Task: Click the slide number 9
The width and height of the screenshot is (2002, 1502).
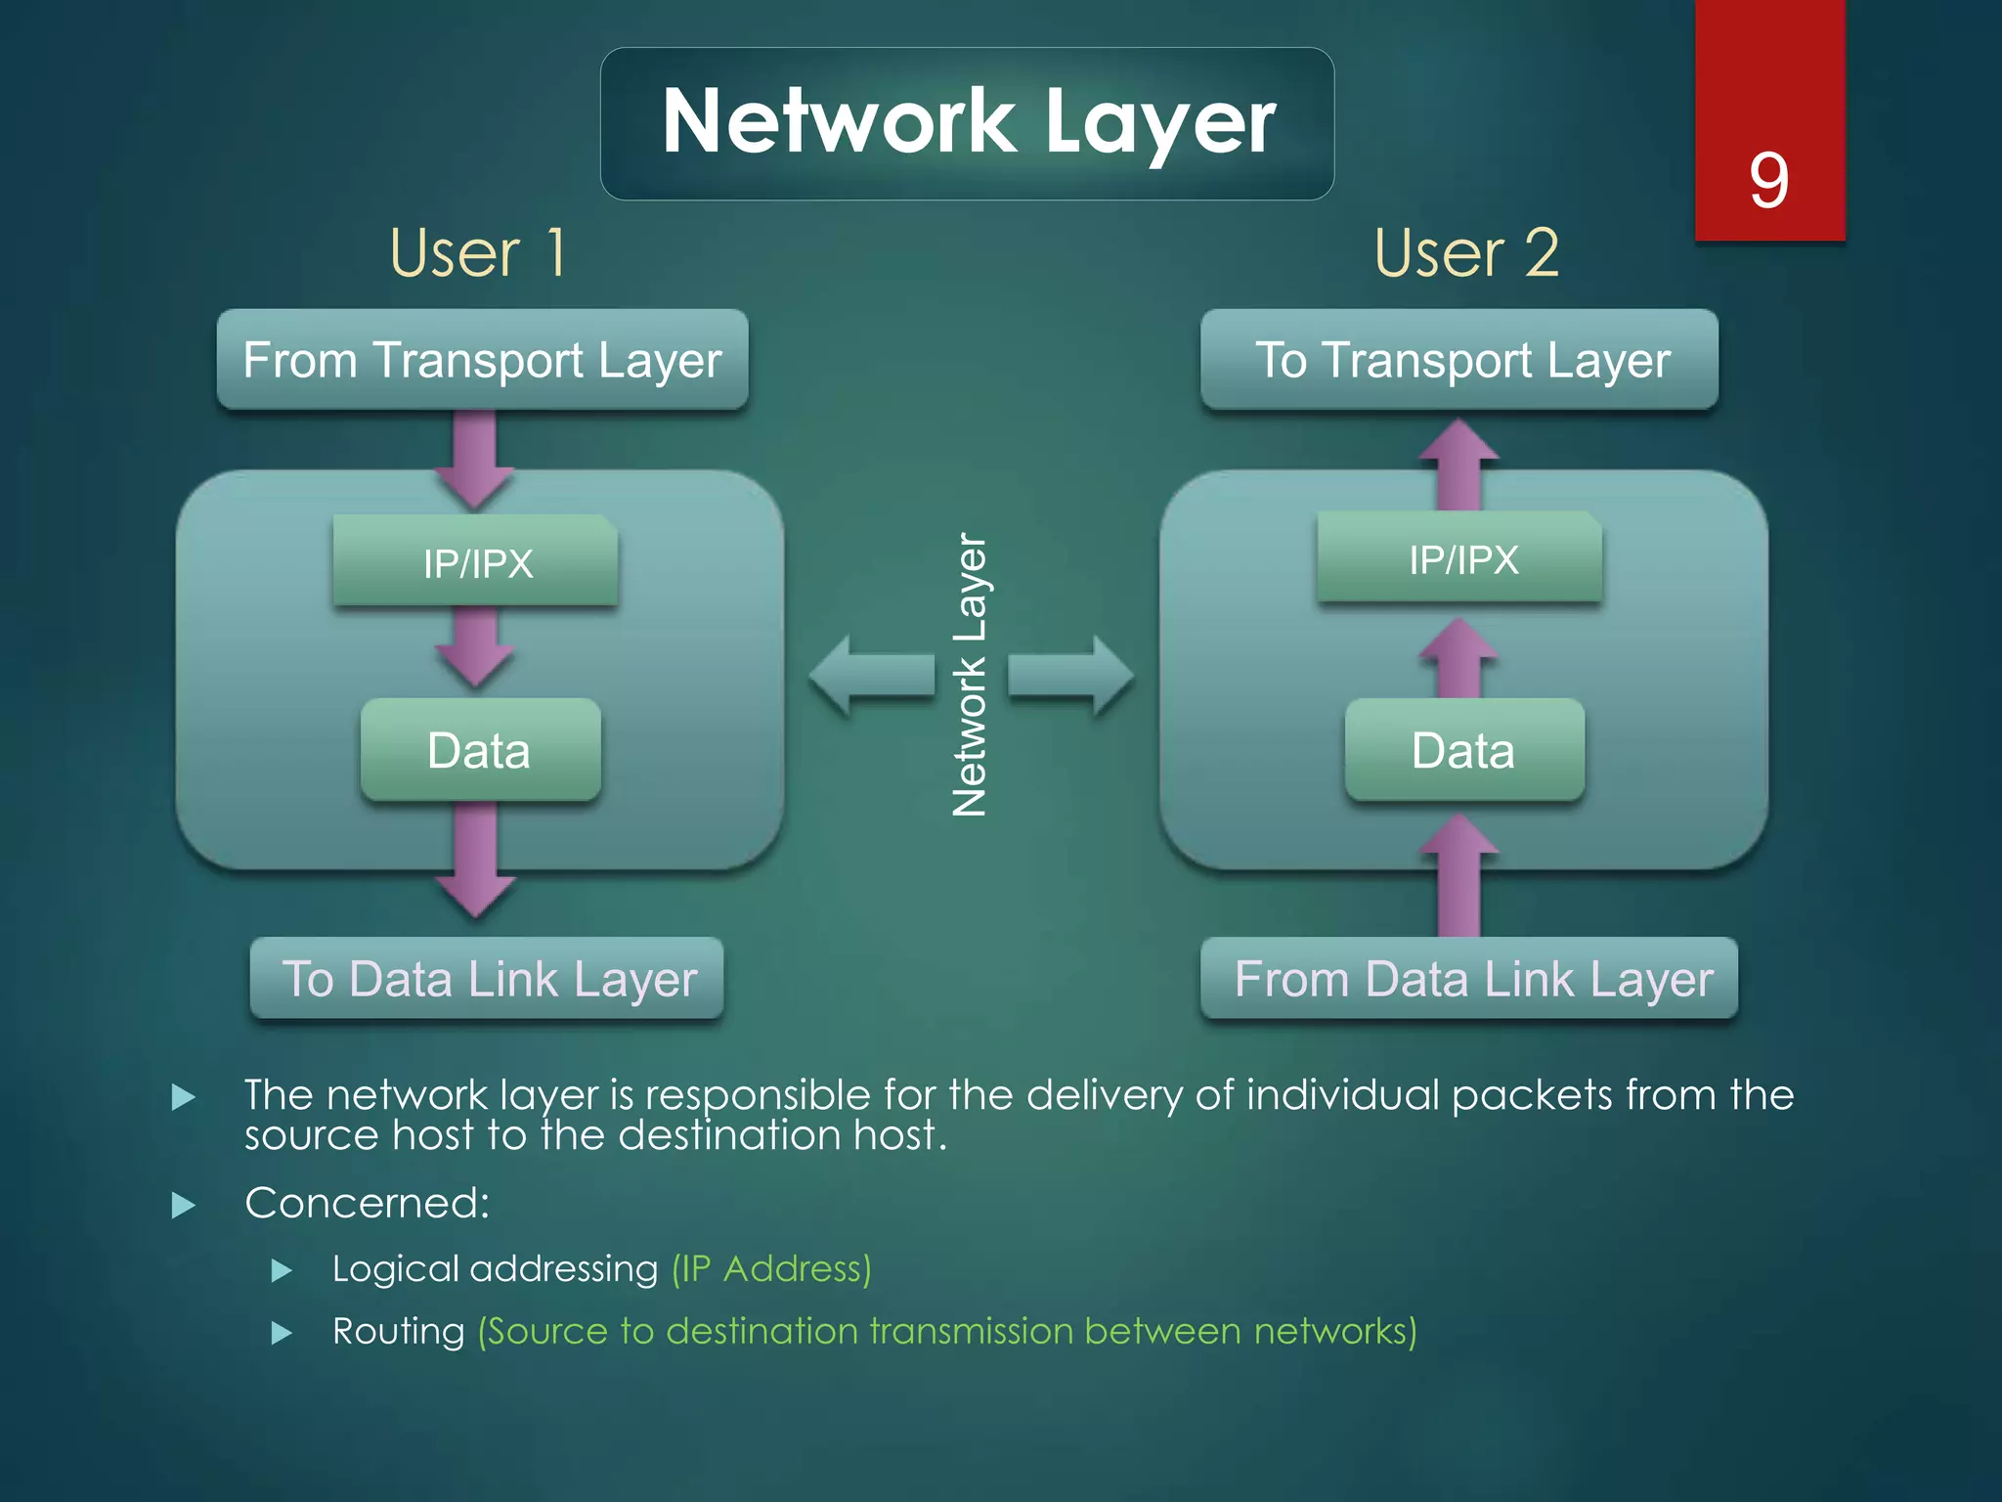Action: [x=1768, y=181]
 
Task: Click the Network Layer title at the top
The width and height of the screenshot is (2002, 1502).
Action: [x=968, y=122]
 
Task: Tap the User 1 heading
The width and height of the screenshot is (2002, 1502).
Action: [x=478, y=253]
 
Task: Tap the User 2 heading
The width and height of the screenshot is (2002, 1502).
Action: [x=1466, y=253]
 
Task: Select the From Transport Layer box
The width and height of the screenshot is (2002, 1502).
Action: [x=482, y=360]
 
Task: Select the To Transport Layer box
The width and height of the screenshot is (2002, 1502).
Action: [x=1459, y=360]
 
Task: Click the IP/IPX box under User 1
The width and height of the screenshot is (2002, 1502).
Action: [x=476, y=561]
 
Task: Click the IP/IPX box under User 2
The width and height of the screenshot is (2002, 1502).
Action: [x=1460, y=558]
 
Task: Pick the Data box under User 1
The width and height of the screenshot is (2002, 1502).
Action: [x=480, y=750]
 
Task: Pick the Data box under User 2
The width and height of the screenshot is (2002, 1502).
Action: [x=1464, y=750]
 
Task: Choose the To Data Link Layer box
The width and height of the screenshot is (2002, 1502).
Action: [x=487, y=979]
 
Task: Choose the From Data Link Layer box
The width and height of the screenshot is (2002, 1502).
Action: [x=1470, y=979]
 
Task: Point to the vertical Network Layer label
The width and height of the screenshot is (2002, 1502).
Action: [x=970, y=675]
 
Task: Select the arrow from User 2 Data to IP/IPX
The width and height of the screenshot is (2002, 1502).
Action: [x=1458, y=657]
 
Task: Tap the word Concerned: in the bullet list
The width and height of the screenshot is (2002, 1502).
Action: [x=367, y=1203]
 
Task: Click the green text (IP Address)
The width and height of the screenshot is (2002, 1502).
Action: [x=771, y=1268]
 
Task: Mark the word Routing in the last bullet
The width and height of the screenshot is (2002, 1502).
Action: [x=398, y=1331]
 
